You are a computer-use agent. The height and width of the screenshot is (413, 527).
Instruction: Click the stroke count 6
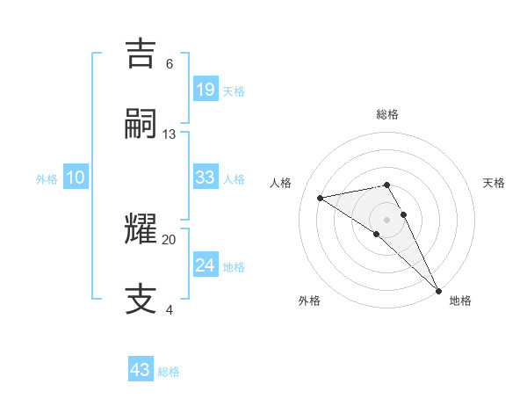(x=170, y=63)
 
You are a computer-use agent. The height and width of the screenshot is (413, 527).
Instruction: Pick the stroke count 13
(x=170, y=134)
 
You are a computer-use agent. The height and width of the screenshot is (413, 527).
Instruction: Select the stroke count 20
(x=170, y=239)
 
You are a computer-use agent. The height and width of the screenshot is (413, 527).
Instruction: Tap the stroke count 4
(x=170, y=309)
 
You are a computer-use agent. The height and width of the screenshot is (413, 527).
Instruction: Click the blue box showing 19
(x=205, y=89)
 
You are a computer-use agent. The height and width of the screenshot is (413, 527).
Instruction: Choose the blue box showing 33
(x=205, y=178)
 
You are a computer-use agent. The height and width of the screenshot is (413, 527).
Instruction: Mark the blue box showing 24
(x=205, y=264)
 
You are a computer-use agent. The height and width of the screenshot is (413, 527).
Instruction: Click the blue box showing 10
(x=76, y=178)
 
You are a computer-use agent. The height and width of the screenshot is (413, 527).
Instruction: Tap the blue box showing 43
(x=141, y=370)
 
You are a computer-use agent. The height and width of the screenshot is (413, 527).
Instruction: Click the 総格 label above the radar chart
(x=387, y=114)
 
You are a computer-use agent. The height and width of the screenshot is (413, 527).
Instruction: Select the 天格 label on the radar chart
(x=495, y=183)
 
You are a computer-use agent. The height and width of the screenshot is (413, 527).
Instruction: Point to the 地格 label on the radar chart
(x=460, y=301)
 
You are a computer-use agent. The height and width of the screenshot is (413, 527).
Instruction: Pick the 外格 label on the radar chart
(x=309, y=301)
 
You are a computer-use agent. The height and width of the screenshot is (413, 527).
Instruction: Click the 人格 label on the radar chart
(x=281, y=183)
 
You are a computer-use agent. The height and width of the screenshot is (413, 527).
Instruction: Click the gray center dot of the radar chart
(x=387, y=219)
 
